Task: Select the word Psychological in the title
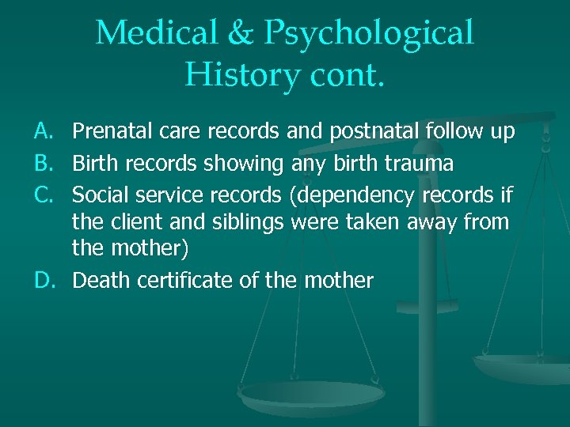[x=370, y=33]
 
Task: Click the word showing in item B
[x=243, y=164]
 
